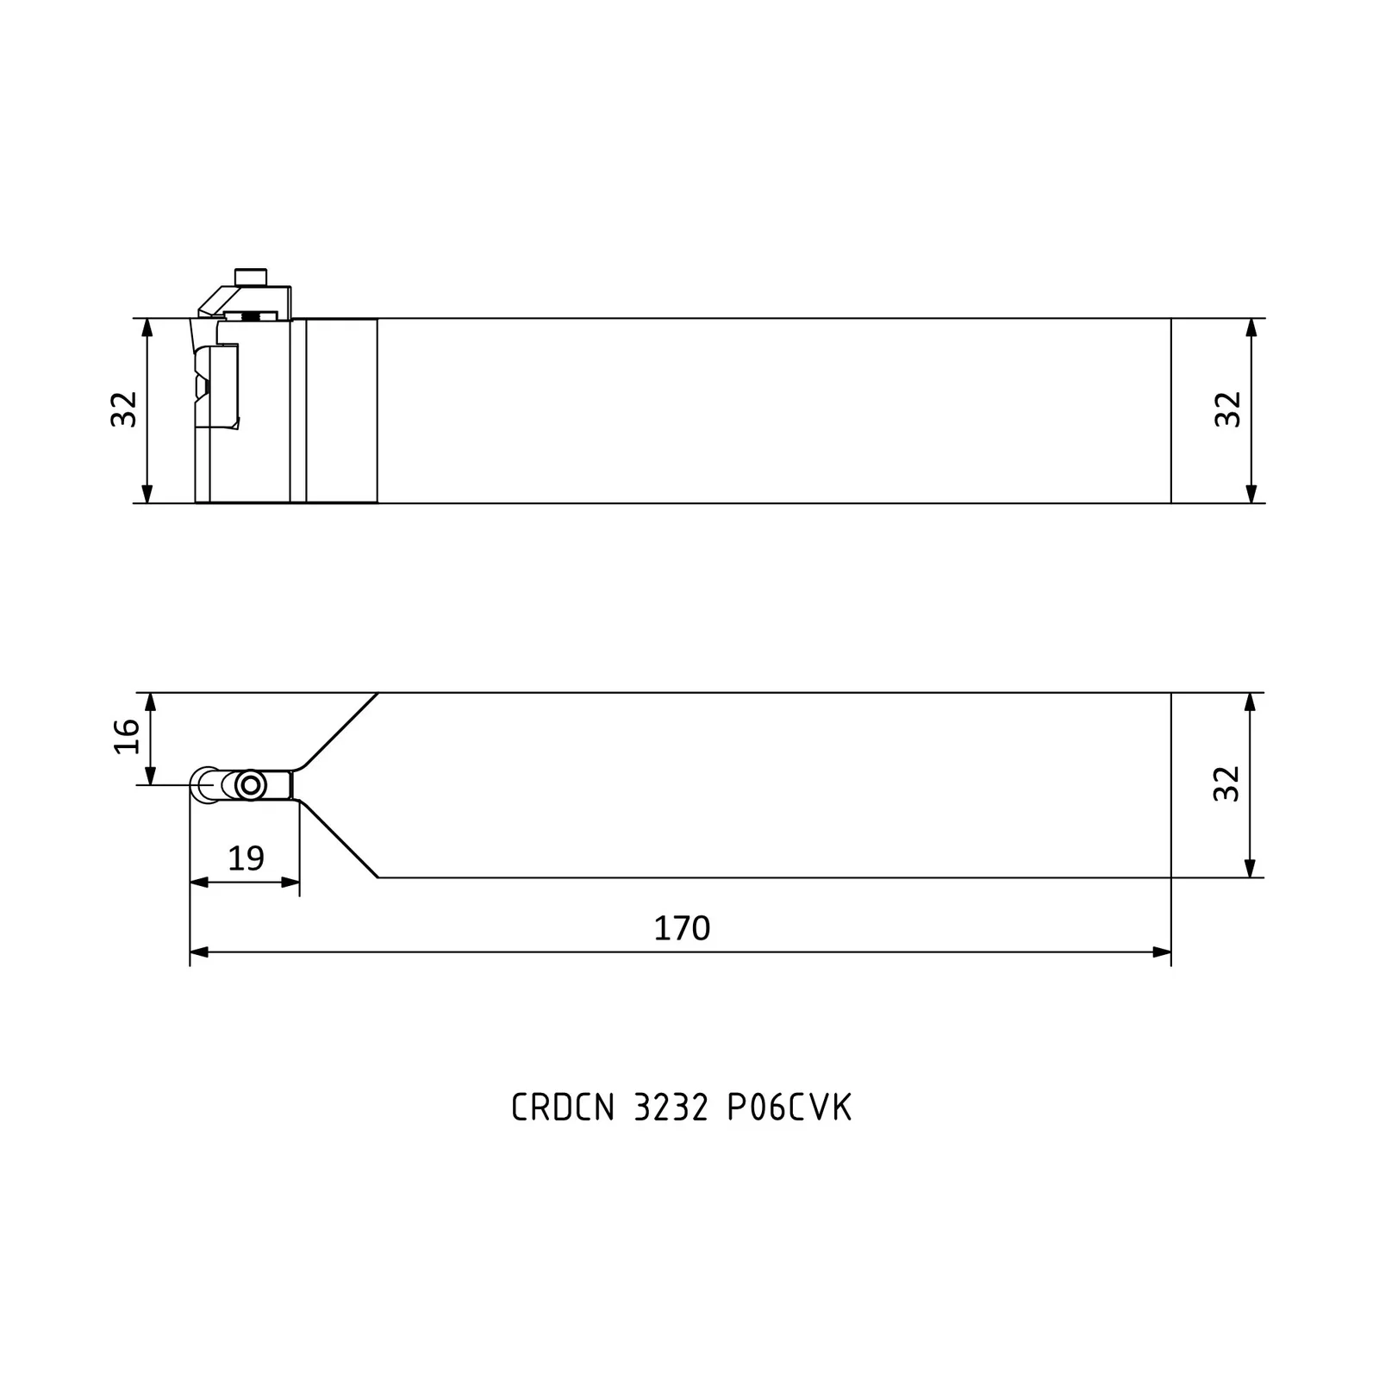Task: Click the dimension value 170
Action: [x=682, y=928]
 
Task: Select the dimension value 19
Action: [x=246, y=858]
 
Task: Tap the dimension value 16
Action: [x=127, y=735]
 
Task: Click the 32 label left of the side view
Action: [x=124, y=409]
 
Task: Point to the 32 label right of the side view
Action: [x=1227, y=409]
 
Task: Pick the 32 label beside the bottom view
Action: [x=1226, y=783]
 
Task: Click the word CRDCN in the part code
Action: [x=563, y=1108]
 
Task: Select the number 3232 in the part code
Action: [x=671, y=1108]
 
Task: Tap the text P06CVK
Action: [x=789, y=1108]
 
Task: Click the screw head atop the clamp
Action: [x=251, y=277]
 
